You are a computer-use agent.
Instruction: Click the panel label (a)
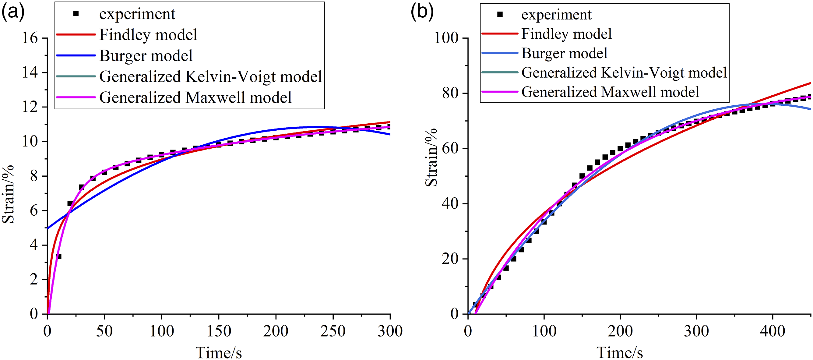(x=13, y=12)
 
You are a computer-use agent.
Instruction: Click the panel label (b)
(x=422, y=12)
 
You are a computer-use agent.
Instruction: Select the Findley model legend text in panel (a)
(x=148, y=34)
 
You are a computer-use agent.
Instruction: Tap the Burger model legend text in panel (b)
(x=564, y=53)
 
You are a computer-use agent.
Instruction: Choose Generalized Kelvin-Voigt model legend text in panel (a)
(x=210, y=76)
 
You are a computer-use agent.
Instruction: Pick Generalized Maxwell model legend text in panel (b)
(x=611, y=92)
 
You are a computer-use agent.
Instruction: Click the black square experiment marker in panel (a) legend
(x=76, y=14)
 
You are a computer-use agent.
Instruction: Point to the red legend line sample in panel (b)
(x=500, y=34)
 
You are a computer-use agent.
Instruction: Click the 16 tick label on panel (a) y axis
(x=30, y=38)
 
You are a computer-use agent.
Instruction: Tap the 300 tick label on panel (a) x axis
(x=390, y=331)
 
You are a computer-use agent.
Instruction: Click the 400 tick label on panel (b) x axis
(x=772, y=331)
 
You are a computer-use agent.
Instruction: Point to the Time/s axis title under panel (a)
(x=219, y=352)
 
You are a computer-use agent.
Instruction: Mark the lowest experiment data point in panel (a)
(x=58, y=256)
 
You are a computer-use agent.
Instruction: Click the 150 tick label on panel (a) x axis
(x=219, y=331)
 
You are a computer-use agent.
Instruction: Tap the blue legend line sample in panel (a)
(x=76, y=55)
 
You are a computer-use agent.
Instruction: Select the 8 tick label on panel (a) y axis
(x=34, y=176)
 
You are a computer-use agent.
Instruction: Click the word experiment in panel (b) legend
(x=556, y=15)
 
